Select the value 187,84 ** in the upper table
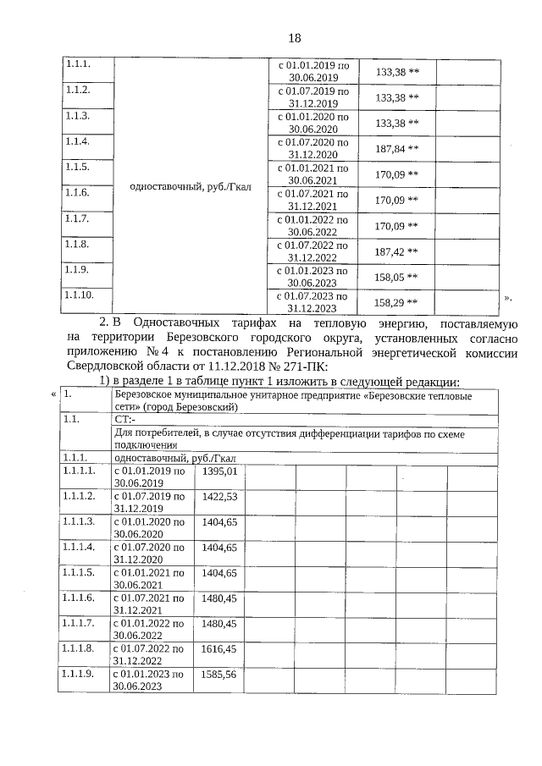click(x=396, y=149)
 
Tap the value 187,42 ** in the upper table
click(x=396, y=251)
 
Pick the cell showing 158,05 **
click(x=396, y=277)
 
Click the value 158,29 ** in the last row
click(x=396, y=302)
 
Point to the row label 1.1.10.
click(x=79, y=295)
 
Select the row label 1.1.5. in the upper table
click(x=77, y=168)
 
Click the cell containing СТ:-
click(x=124, y=418)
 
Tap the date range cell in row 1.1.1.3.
click(x=149, y=528)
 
